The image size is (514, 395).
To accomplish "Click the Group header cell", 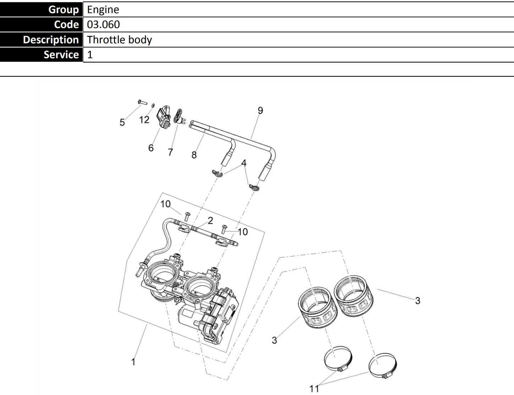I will (x=42, y=10).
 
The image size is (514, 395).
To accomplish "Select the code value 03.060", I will (x=103, y=24).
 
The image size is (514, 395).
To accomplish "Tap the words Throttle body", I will (x=119, y=39).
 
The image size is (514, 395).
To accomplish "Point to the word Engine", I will (x=103, y=10).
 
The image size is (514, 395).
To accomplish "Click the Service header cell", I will (x=42, y=55).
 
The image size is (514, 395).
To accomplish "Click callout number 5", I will (x=122, y=122).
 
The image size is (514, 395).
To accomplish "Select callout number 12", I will (x=144, y=120).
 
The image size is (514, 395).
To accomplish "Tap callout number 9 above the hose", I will (x=260, y=110).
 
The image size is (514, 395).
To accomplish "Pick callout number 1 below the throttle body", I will (x=133, y=362).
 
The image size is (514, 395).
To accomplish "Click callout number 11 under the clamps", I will (x=314, y=389).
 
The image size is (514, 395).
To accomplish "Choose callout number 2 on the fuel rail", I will (x=210, y=221).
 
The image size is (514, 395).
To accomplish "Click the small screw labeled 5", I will (x=142, y=103).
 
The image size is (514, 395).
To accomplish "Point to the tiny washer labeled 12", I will (x=153, y=105).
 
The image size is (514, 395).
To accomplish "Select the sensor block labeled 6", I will (x=164, y=117).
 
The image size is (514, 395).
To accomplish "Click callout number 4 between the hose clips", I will (x=244, y=163).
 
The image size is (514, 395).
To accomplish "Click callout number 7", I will (x=170, y=152).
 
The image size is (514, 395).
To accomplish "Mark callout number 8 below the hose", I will (x=194, y=155).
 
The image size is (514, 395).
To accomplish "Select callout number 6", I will (x=151, y=148).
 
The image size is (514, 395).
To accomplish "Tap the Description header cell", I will (x=42, y=40).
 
